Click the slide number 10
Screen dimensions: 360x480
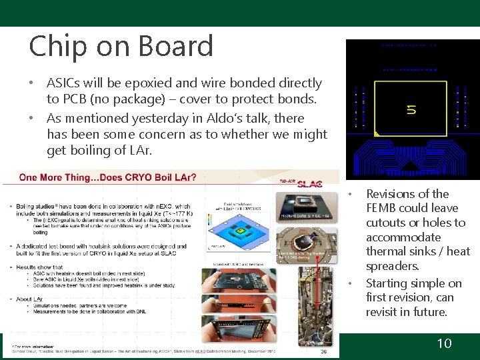click(444, 343)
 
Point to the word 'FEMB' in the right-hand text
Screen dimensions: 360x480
click(382, 208)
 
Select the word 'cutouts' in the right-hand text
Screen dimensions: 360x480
click(387, 223)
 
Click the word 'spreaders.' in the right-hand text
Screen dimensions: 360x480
click(393, 266)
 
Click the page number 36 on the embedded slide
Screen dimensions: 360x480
click(323, 352)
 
